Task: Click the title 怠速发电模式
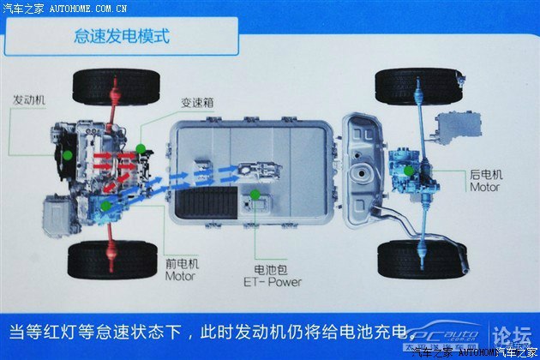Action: [x=122, y=36]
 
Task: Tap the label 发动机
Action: [x=29, y=100]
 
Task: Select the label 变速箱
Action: [x=197, y=102]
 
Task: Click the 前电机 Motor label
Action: [x=182, y=270]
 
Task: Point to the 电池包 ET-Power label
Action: [x=272, y=276]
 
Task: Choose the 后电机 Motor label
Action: [x=486, y=181]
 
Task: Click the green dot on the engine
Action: [x=68, y=155]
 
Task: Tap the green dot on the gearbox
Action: [x=141, y=149]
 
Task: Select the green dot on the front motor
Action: [x=105, y=206]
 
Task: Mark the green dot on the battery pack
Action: [x=255, y=195]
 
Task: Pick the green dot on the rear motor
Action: [x=409, y=171]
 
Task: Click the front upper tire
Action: [x=117, y=87]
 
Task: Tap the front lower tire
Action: [x=112, y=260]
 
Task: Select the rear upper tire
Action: [x=417, y=87]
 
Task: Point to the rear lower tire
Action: [x=422, y=260]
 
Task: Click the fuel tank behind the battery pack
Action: [x=363, y=171]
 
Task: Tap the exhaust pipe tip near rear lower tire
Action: [x=465, y=266]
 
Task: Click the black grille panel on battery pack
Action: [x=207, y=202]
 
